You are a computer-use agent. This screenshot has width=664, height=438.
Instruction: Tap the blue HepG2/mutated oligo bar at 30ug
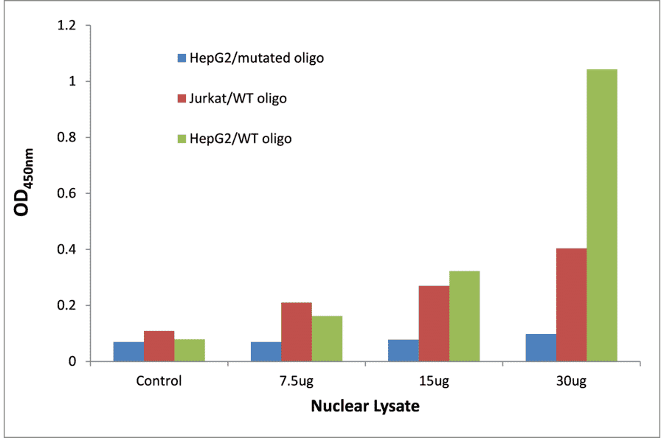pyautogui.click(x=541, y=347)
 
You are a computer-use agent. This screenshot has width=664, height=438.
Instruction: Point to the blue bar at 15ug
pyautogui.click(x=403, y=350)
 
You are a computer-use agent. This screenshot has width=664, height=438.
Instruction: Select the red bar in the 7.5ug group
pyautogui.click(x=296, y=332)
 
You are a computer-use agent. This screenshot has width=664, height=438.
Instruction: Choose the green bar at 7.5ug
pyautogui.click(x=327, y=338)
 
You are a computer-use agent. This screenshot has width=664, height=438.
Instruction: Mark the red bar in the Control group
pyautogui.click(x=159, y=346)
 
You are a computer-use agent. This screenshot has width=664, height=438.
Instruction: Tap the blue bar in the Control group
pyautogui.click(x=128, y=352)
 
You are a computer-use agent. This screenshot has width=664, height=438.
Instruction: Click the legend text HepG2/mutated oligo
pyautogui.click(x=256, y=58)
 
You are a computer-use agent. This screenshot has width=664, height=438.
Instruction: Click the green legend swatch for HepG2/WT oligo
pyautogui.click(x=181, y=138)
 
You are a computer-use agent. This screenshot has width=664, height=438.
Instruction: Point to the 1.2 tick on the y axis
pyautogui.click(x=68, y=26)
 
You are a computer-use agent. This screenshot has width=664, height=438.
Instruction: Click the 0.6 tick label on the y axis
pyautogui.click(x=68, y=193)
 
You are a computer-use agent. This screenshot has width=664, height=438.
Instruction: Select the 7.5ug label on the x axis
pyautogui.click(x=296, y=381)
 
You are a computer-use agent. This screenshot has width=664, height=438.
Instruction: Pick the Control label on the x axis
pyautogui.click(x=159, y=381)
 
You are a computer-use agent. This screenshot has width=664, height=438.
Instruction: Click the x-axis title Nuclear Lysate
pyautogui.click(x=364, y=406)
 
